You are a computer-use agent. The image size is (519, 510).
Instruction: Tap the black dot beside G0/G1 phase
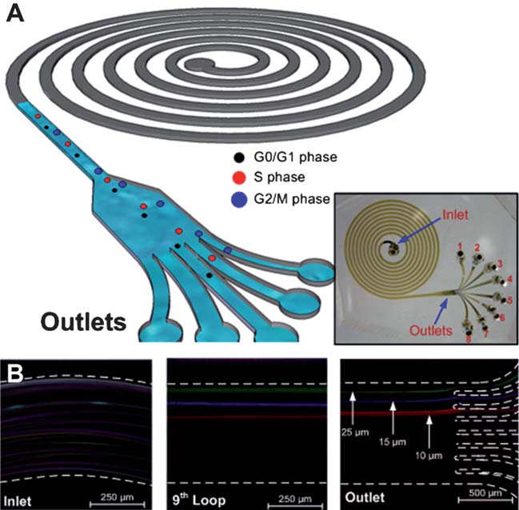pos(238,157)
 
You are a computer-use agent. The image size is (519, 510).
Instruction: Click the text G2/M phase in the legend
pos(290,197)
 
